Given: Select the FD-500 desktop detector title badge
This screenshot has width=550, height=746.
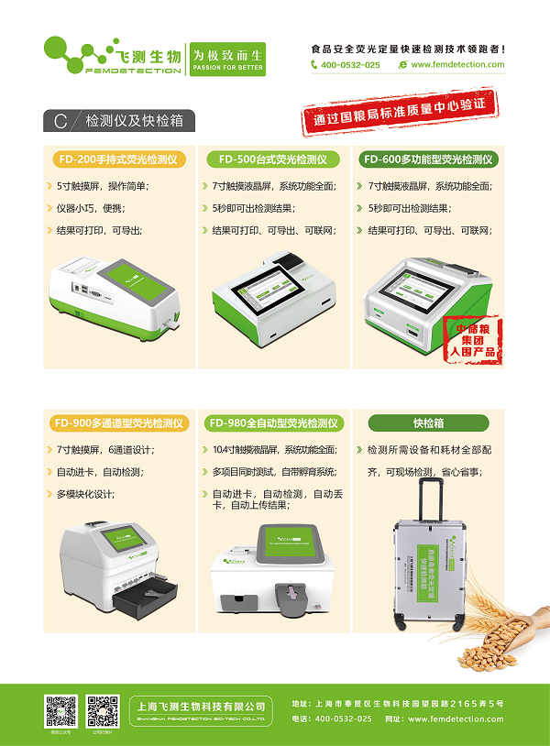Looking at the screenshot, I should pyautogui.click(x=272, y=159).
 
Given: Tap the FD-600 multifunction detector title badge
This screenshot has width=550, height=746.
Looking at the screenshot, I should pyautogui.click(x=429, y=159).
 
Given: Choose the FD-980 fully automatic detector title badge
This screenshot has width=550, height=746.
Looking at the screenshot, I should pyautogui.click(x=274, y=423).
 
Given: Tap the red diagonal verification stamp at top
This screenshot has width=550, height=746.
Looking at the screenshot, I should pyautogui.click(x=401, y=112).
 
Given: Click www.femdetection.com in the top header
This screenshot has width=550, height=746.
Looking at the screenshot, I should pyautogui.click(x=456, y=65).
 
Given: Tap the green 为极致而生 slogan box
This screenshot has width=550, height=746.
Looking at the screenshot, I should pyautogui.click(x=225, y=56).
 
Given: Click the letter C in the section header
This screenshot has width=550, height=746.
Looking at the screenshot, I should pyautogui.click(x=60, y=121).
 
